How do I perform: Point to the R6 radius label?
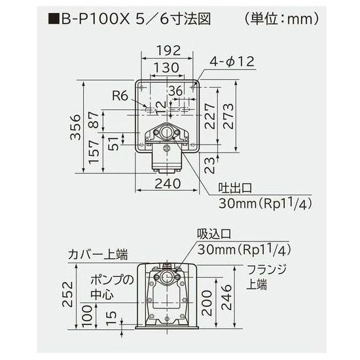(119, 96)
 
